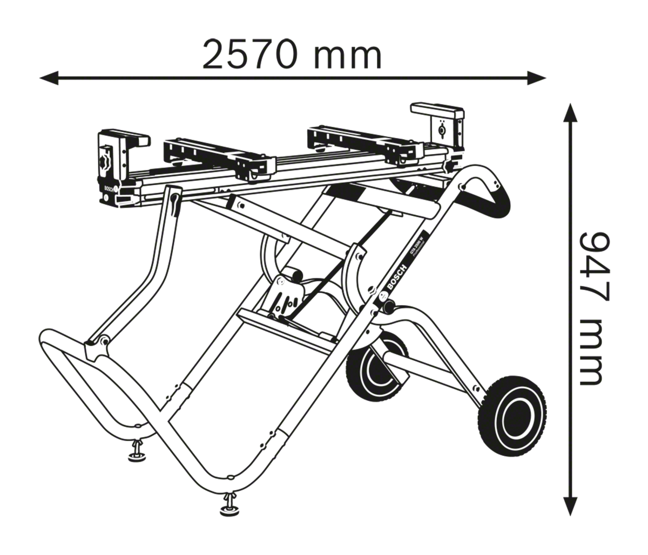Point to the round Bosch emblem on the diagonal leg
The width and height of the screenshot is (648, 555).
coord(383,295)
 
